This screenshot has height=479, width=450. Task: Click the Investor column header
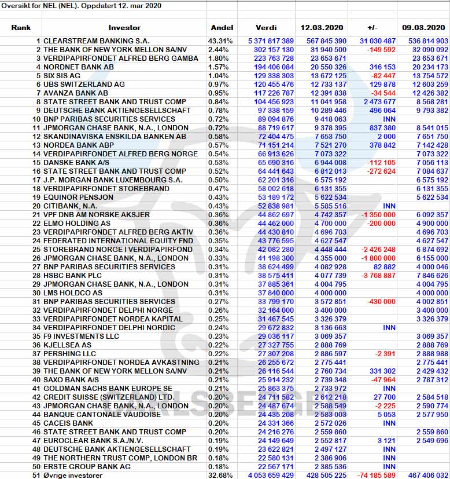[x=124, y=28]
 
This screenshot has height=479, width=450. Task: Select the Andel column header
[x=222, y=28]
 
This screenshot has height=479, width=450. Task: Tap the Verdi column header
[x=266, y=28]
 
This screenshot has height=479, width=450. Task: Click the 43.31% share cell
[x=220, y=41]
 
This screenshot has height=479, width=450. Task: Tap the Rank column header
[x=21, y=28]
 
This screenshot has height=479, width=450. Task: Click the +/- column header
[x=372, y=28]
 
